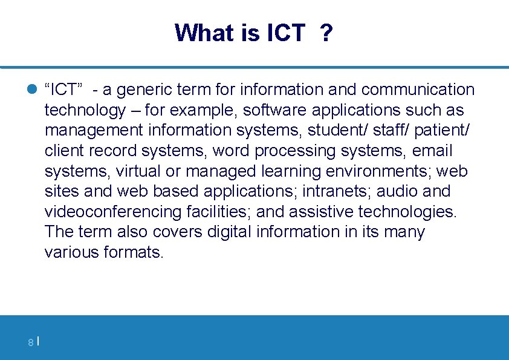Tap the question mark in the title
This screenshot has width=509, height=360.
pyautogui.click(x=326, y=33)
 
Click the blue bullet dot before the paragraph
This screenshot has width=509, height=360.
pyautogui.click(x=33, y=90)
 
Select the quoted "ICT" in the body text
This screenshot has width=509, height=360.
pyautogui.click(x=63, y=90)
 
